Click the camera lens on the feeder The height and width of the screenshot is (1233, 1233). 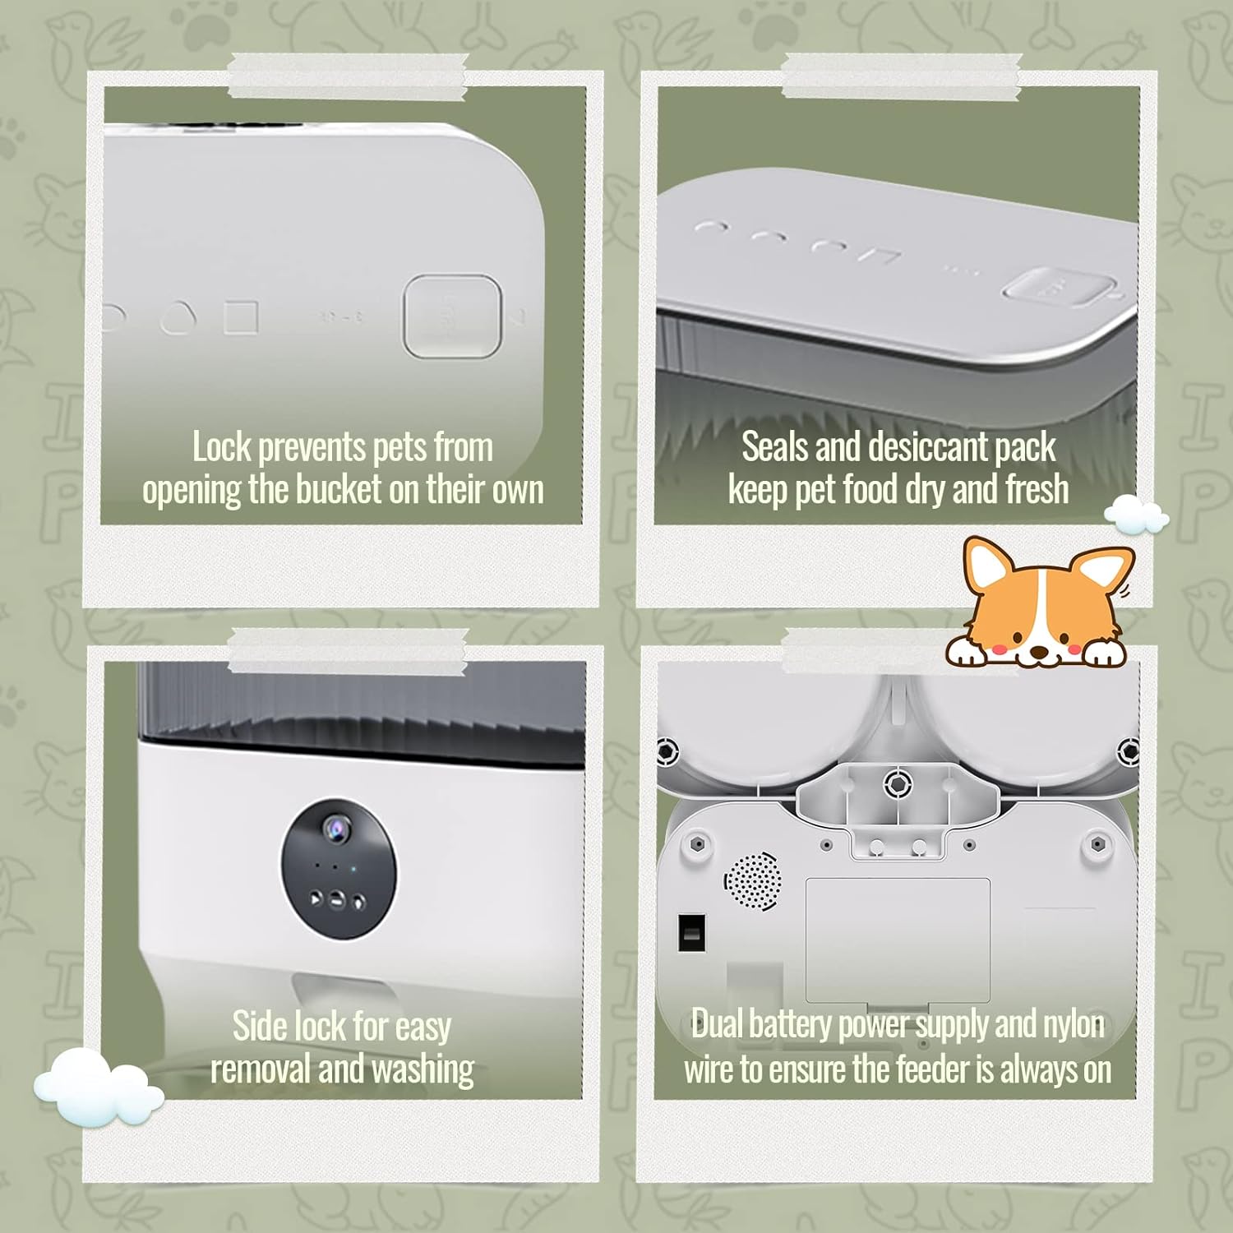(335, 825)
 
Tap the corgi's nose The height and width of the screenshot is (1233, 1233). (1040, 652)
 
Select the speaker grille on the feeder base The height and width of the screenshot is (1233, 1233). (752, 880)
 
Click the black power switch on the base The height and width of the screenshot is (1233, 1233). (691, 932)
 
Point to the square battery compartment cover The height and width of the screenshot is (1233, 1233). (898, 940)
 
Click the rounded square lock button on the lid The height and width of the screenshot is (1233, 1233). (452, 316)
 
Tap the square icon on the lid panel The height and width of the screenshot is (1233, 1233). (242, 317)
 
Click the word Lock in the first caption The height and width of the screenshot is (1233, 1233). (221, 447)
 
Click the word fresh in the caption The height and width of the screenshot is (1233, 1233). (1037, 490)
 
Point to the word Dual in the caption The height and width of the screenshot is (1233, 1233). (718, 1024)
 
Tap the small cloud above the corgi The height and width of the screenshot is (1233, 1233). (1137, 515)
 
